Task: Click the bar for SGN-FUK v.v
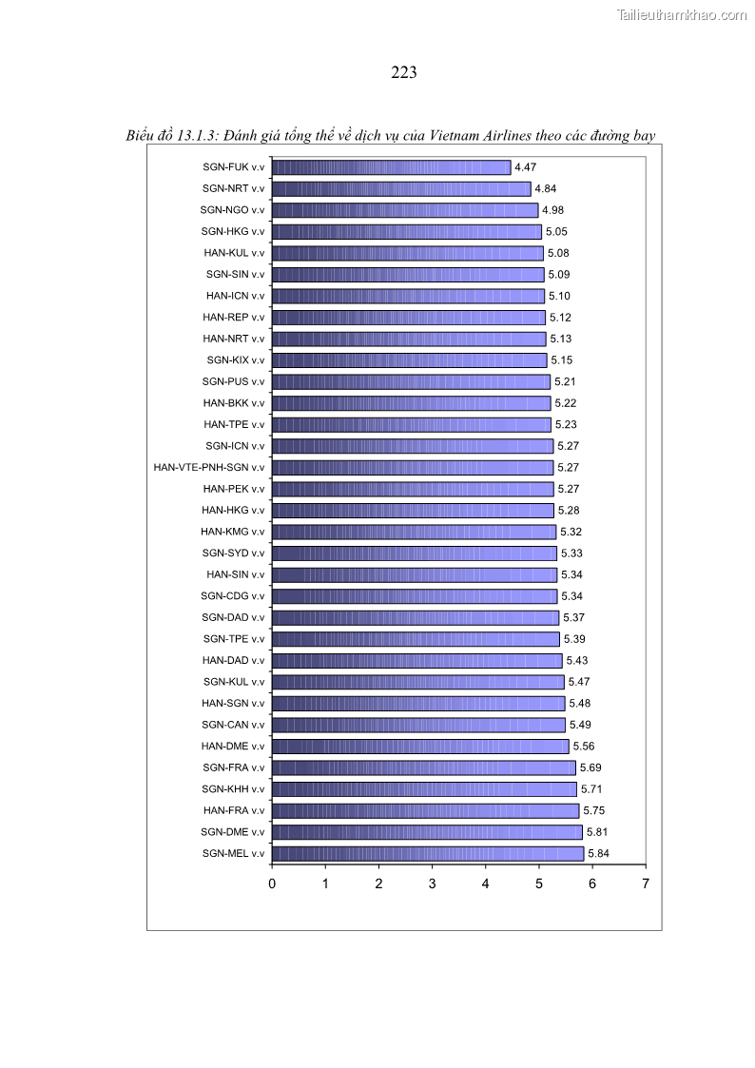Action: point(391,167)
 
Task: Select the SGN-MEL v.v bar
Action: point(428,853)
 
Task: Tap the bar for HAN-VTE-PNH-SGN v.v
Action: point(413,467)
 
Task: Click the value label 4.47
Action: point(525,167)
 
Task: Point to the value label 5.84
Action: point(598,853)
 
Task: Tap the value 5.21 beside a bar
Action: point(565,381)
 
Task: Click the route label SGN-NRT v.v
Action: point(233,188)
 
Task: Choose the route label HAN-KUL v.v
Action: point(234,253)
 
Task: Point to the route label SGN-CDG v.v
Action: point(232,596)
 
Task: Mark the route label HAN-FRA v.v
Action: point(234,810)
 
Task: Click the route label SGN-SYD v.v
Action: point(233,553)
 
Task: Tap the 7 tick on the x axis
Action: point(646,884)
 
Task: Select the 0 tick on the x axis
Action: point(272,884)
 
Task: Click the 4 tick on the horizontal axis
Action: point(485,884)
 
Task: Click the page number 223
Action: point(404,72)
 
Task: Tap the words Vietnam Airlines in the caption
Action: point(480,136)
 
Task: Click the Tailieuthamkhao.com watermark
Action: point(682,14)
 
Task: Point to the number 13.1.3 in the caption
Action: point(195,136)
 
